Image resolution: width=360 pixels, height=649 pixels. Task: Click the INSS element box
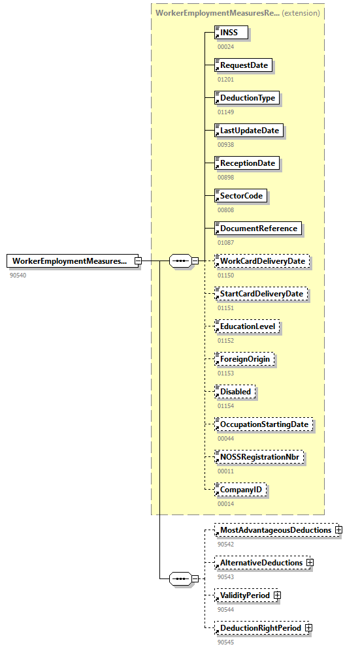pyautogui.click(x=233, y=33)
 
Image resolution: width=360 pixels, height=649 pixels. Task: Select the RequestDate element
pyautogui.click(x=244, y=65)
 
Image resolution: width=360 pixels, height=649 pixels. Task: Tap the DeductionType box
pyautogui.click(x=248, y=98)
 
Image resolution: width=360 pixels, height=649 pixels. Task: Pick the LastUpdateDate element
pyautogui.click(x=249, y=131)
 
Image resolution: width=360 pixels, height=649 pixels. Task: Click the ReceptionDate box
pyautogui.click(x=247, y=163)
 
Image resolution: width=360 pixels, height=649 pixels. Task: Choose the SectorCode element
pyautogui.click(x=241, y=196)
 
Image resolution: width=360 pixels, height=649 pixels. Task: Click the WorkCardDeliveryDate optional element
pyautogui.click(x=262, y=261)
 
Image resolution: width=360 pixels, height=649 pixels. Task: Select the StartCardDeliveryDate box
pyautogui.click(x=261, y=294)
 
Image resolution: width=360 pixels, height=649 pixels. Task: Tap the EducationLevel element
pyautogui.click(x=248, y=326)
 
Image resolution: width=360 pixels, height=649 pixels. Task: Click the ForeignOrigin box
pyautogui.click(x=244, y=359)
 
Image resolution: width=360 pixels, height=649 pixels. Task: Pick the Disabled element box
pyautogui.click(x=235, y=392)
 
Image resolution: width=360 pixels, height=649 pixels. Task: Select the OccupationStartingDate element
pyautogui.click(x=263, y=424)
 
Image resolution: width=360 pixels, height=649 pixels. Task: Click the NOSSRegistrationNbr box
pyautogui.click(x=259, y=457)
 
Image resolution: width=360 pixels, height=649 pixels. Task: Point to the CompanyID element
pyautogui.click(x=241, y=490)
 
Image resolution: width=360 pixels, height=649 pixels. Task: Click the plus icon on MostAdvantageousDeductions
pyautogui.click(x=338, y=530)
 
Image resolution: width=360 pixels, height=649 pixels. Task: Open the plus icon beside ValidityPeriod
pyautogui.click(x=278, y=595)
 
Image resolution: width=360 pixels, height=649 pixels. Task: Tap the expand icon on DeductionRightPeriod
pyautogui.click(x=308, y=628)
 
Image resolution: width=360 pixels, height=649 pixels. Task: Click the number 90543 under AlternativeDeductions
pyautogui.click(x=226, y=577)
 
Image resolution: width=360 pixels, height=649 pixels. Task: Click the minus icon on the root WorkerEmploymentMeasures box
pyautogui.click(x=138, y=261)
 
